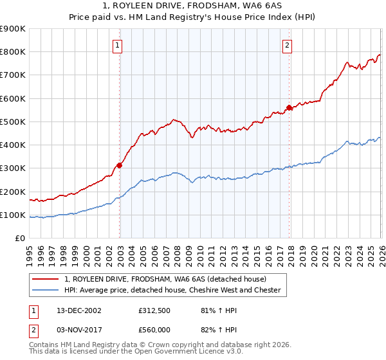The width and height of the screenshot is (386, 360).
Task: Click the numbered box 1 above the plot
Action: tap(118, 45)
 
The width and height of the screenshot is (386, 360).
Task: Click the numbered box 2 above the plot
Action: tap(287, 45)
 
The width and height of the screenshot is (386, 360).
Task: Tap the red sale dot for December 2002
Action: tap(120, 165)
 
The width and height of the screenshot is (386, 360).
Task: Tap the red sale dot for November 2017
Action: tap(289, 108)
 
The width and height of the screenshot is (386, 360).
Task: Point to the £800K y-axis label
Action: tap(13, 52)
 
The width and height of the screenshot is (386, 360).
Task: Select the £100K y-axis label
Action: tap(13, 215)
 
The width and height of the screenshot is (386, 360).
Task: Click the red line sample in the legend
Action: tap(46, 279)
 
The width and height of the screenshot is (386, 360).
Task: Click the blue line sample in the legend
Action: tap(46, 290)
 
